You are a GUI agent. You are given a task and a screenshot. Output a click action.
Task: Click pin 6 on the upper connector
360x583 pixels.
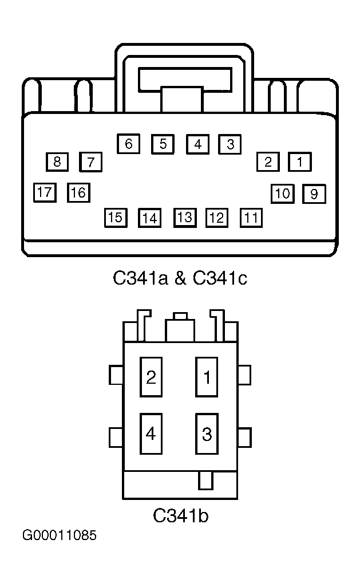click(129, 144)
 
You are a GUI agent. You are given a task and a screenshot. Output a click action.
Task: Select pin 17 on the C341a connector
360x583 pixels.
click(45, 192)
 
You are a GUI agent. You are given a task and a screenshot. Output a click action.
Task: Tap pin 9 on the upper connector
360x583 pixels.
click(314, 194)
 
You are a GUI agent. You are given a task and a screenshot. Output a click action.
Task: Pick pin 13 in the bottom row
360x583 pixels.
click(185, 218)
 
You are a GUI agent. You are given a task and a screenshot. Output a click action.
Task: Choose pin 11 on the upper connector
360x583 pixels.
click(251, 218)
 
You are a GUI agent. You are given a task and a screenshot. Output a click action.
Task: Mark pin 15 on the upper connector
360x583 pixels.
click(116, 218)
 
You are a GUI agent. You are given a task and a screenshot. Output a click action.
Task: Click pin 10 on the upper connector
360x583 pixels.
click(283, 194)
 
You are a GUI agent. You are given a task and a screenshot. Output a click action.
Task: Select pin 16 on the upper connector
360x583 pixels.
click(79, 192)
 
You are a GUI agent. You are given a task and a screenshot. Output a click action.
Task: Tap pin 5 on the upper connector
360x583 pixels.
click(163, 144)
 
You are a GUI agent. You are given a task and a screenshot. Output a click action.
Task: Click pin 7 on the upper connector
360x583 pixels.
click(90, 162)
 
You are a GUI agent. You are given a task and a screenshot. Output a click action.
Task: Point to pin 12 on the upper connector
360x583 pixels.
click(217, 218)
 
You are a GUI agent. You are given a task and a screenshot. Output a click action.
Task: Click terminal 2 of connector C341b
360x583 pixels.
click(151, 377)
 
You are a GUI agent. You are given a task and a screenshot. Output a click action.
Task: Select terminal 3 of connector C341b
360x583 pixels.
click(207, 434)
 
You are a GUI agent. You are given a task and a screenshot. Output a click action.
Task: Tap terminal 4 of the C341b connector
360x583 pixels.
click(151, 434)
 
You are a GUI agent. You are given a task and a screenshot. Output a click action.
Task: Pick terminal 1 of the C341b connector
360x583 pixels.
click(207, 377)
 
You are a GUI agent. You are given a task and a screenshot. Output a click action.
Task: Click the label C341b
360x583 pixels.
click(180, 515)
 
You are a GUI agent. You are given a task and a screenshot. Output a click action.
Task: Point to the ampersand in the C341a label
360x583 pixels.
click(180, 278)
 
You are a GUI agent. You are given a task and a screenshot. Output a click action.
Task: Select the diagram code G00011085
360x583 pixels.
click(60, 535)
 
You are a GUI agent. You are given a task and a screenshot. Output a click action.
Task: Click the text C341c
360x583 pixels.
click(220, 278)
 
